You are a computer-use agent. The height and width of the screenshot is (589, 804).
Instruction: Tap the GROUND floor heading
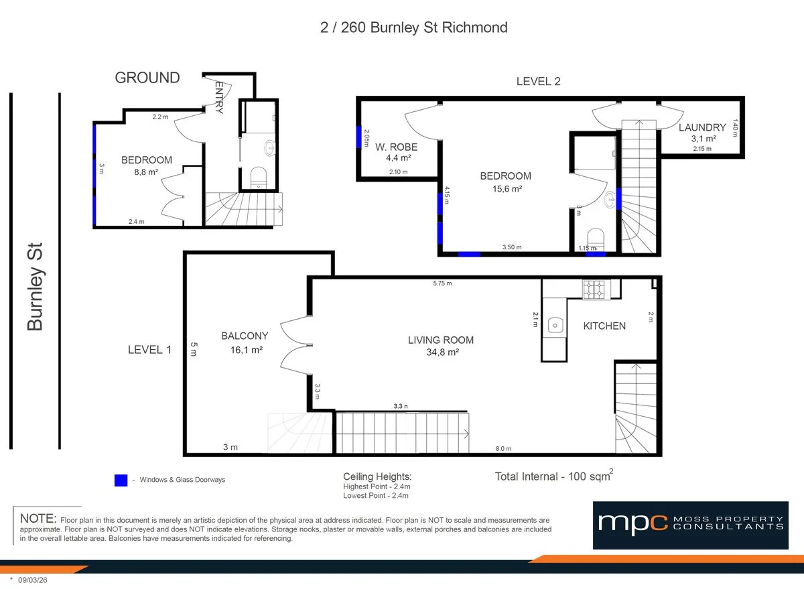click(x=147, y=78)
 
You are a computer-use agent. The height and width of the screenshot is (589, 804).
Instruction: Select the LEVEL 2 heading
click(x=538, y=82)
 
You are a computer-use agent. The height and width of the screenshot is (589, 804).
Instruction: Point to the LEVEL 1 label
click(x=150, y=349)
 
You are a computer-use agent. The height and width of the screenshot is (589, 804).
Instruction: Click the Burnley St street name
click(x=35, y=287)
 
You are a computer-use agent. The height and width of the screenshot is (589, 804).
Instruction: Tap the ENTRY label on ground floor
click(x=219, y=98)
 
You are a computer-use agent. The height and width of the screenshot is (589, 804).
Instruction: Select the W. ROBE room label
click(x=396, y=147)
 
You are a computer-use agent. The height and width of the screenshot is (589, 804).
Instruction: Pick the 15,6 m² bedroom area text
click(x=505, y=189)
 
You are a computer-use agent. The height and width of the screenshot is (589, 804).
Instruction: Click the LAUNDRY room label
click(x=702, y=127)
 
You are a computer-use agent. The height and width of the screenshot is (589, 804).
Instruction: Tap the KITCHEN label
click(x=604, y=326)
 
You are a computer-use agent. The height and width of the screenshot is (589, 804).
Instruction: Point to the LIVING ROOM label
click(x=440, y=340)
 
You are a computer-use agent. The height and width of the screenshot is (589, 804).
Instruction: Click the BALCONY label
click(x=245, y=336)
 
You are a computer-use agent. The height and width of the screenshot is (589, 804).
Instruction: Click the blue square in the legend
click(x=121, y=480)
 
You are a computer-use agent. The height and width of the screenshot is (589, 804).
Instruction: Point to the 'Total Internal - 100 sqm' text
click(x=553, y=476)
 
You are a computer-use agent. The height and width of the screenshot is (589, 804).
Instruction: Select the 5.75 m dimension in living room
click(x=442, y=283)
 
